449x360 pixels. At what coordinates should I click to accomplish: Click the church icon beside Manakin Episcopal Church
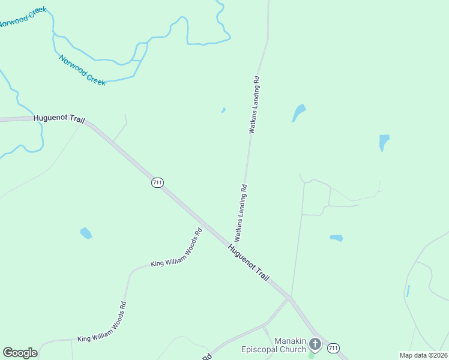315,344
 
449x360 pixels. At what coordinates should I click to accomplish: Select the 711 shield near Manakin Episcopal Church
334,347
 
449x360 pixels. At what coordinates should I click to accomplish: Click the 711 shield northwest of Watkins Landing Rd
157,182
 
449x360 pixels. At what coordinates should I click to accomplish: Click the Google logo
20,353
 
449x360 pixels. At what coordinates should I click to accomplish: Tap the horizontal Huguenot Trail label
59,119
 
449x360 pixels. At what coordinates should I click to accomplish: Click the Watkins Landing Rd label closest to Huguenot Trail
241,212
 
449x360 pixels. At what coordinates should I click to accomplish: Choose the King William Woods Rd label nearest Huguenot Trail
176,247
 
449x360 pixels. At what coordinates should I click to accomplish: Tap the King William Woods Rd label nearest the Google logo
102,322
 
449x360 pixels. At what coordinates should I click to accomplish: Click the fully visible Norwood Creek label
82,70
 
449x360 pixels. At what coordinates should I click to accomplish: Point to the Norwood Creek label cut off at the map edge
22,17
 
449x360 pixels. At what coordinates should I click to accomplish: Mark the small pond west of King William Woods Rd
86,233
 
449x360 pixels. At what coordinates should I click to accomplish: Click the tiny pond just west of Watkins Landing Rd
223,110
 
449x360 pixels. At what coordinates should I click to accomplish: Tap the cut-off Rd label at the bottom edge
206,356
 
